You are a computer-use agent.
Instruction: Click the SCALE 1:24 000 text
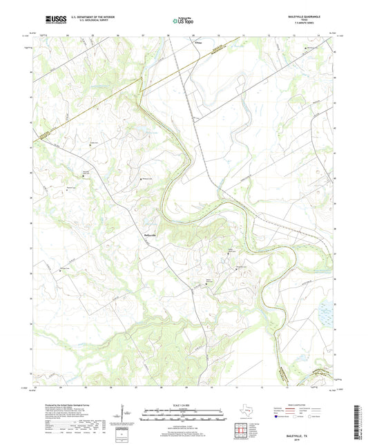tap(184, 404)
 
